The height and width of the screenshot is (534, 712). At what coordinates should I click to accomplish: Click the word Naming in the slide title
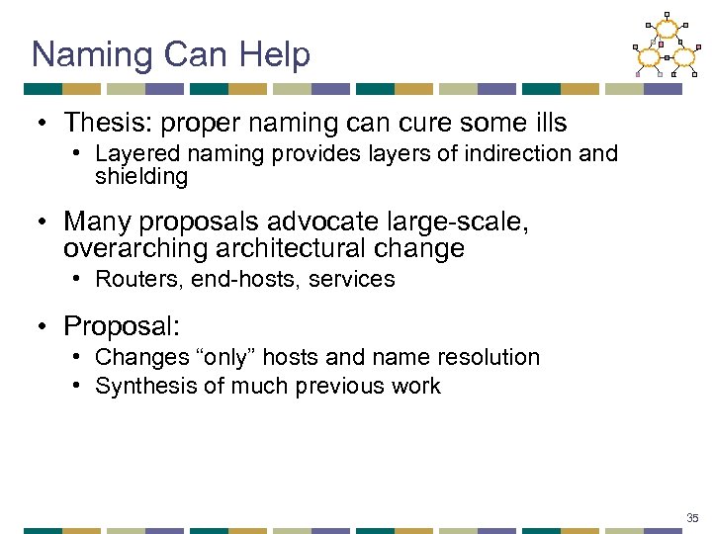tap(90, 55)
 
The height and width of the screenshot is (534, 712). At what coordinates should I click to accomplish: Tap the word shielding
tap(141, 176)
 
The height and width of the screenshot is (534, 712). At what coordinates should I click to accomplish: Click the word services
tap(352, 280)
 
